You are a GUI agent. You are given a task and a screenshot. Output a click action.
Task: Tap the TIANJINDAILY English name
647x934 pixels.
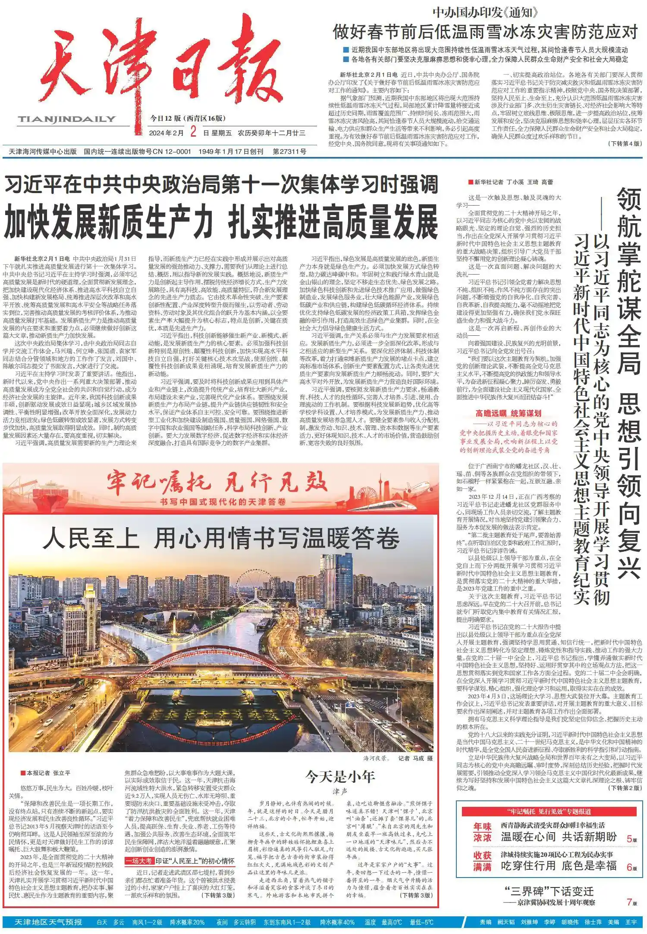point(67,119)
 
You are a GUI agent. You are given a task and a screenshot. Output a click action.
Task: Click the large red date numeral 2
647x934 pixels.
point(193,133)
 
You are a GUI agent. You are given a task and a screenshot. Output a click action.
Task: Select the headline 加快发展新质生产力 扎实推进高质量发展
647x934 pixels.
point(221,223)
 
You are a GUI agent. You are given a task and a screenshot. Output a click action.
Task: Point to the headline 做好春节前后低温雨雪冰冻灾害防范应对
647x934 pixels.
point(485,32)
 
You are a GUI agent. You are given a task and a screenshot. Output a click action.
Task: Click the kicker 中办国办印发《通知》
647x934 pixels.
point(485,12)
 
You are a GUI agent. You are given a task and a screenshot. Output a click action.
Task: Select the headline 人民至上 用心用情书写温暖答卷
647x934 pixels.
point(221,539)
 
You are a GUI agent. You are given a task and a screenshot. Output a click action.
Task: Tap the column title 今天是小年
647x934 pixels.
point(340,777)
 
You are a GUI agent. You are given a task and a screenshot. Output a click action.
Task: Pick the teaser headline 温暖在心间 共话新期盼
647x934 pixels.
point(559,837)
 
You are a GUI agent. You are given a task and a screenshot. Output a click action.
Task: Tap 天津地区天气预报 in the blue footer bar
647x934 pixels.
point(48,922)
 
